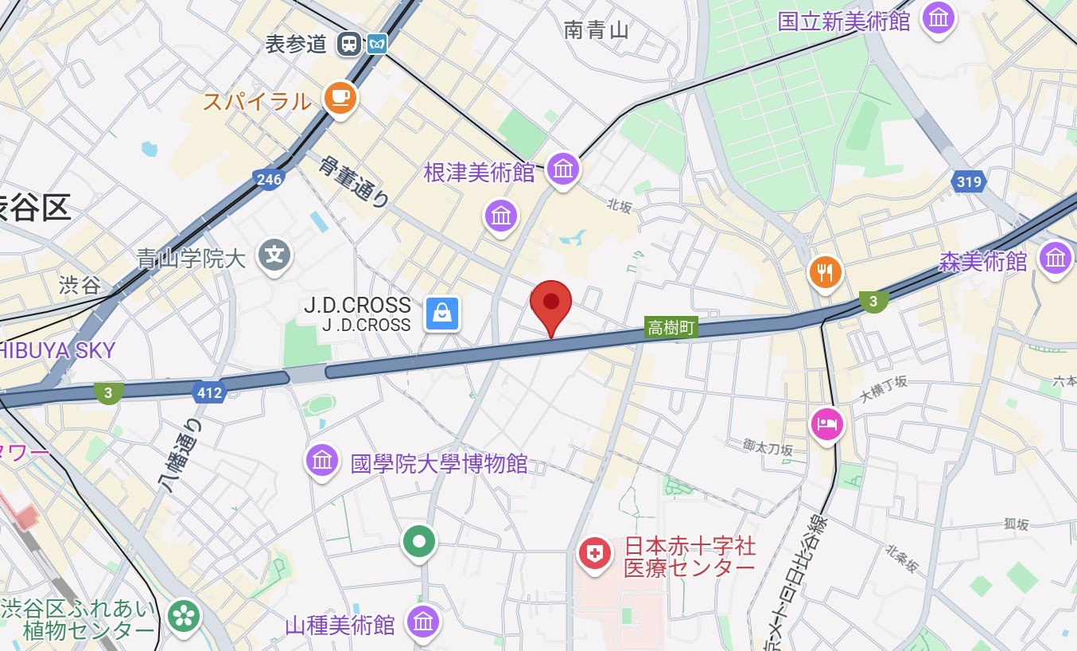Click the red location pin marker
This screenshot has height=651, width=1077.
click(x=551, y=303)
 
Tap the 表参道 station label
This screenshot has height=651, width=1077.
click(x=297, y=44)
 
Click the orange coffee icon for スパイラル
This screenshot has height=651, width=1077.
click(x=340, y=98)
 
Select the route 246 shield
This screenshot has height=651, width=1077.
click(x=270, y=179)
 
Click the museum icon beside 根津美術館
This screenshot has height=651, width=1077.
click(x=564, y=169)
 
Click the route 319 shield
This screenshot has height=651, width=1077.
click(x=969, y=181)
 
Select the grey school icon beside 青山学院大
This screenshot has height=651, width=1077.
click(x=275, y=255)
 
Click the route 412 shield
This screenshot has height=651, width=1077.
click(x=208, y=392)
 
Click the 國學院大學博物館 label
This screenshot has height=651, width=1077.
click(x=439, y=463)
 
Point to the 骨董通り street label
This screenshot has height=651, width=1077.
click(x=355, y=181)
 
